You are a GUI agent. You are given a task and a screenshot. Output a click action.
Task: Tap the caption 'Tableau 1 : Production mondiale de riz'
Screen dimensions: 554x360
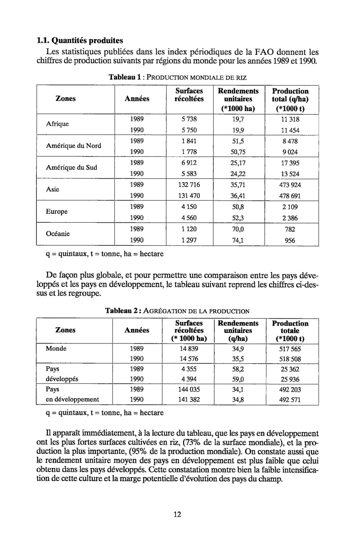coord(178,77)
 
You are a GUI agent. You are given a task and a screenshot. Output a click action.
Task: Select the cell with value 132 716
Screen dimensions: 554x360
coord(189,185)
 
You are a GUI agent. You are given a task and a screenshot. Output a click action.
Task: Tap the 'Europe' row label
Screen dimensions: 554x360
coord(57,212)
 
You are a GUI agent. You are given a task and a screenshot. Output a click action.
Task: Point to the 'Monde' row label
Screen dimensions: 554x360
coord(56,348)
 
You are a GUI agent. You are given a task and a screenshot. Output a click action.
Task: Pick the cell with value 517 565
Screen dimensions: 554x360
coord(289,349)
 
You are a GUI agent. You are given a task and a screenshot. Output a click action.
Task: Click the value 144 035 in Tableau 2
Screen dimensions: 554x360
coord(189,388)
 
